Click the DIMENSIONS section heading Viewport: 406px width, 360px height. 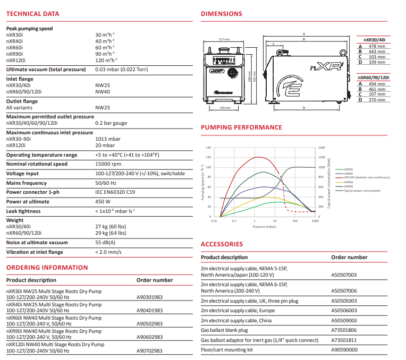click(221, 14)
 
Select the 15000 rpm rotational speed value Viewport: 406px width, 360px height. click(108, 164)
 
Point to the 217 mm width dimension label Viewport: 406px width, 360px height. click(224, 39)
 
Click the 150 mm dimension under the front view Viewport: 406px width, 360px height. click(224, 108)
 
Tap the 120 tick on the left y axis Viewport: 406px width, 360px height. click(208, 158)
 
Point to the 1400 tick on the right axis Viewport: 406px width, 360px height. click(321, 148)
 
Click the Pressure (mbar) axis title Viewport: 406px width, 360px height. click(264, 227)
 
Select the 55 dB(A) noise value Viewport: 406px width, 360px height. click(106, 243)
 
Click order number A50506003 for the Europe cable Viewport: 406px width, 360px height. click(344, 311)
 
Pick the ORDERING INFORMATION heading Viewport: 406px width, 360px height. click(47, 268)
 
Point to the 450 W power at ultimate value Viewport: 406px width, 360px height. click(103, 202)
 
